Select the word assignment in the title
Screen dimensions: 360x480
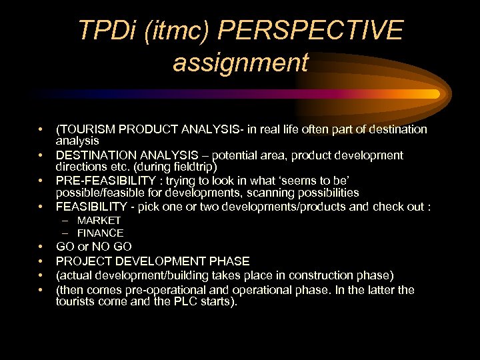241,63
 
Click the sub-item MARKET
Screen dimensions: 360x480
99,220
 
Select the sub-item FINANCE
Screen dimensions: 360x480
100,233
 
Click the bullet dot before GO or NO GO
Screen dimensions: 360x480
41,247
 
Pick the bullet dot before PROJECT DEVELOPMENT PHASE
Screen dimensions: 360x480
41,261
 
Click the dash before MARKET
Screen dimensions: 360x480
67,220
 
